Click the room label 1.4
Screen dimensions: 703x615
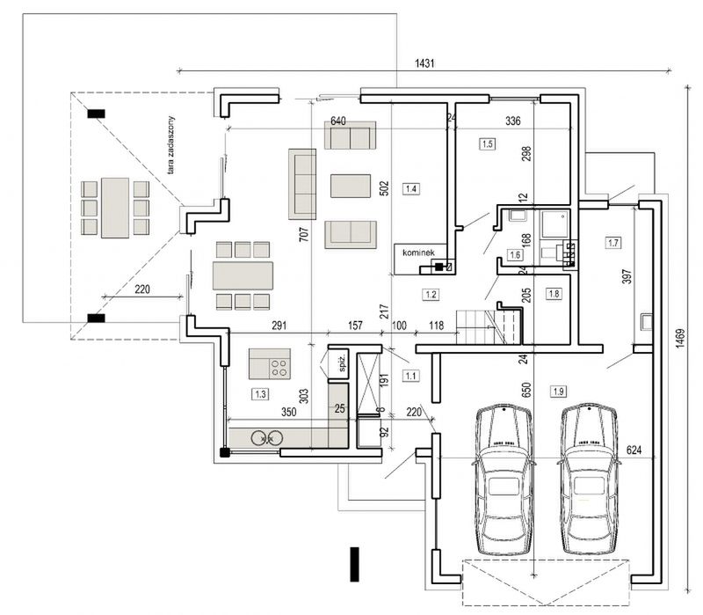pos(411,188)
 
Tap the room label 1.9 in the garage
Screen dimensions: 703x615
pos(558,392)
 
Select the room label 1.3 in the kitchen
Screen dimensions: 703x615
pos(260,394)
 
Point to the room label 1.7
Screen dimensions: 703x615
pos(612,243)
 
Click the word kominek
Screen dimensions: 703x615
pos(418,253)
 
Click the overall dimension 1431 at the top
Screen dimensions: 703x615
pos(424,63)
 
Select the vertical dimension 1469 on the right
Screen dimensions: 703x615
pos(680,339)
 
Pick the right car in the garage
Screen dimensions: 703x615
pos(589,479)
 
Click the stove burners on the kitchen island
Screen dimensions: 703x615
pos(279,368)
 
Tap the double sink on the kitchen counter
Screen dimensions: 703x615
pos(267,437)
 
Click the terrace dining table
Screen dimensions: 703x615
pos(115,208)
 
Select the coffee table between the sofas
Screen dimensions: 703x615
pos(351,186)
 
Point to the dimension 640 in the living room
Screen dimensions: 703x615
pos(338,121)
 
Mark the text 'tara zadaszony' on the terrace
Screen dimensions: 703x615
pos(170,144)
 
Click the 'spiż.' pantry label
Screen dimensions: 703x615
pos(342,363)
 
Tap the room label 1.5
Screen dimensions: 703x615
pos(487,143)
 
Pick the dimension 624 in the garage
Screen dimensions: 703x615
pos(634,450)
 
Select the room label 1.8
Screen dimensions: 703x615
pos(554,294)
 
